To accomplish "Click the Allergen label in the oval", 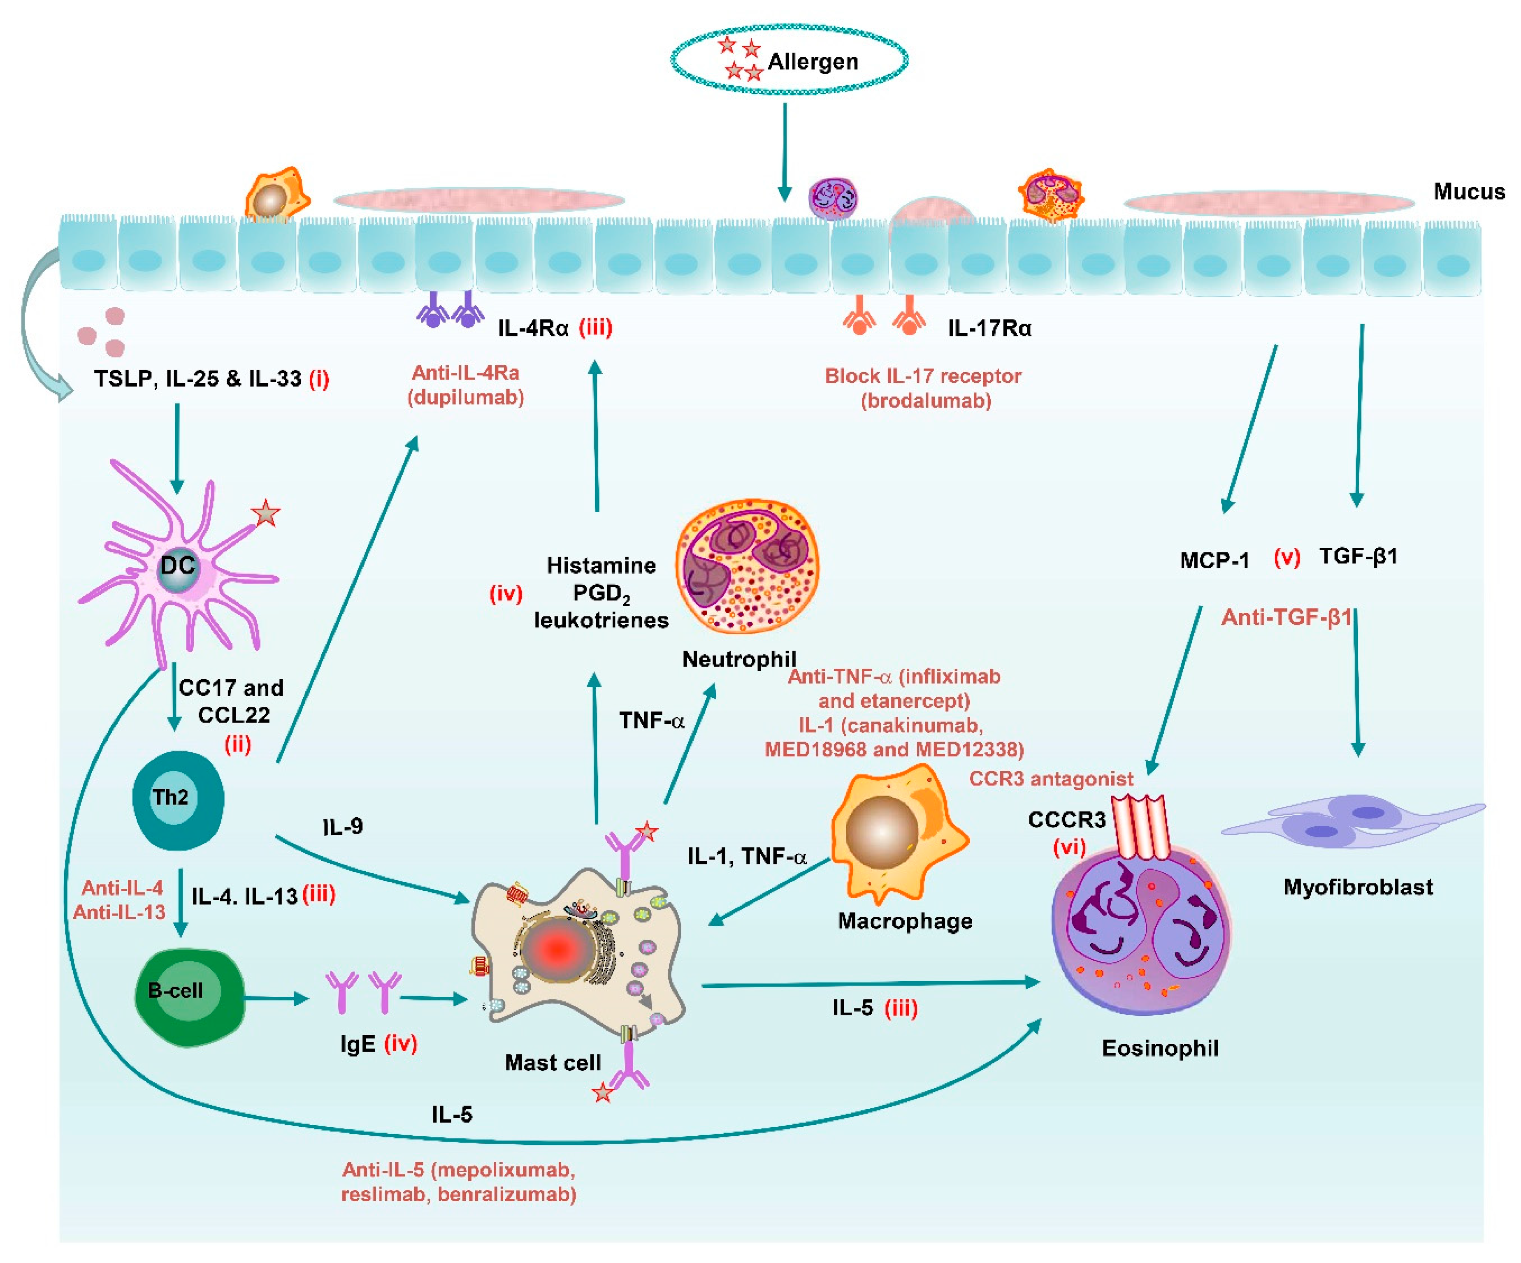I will click(813, 62).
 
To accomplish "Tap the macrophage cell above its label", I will click(894, 833).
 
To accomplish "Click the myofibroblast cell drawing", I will click(1347, 822).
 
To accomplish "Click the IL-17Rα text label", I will click(989, 329).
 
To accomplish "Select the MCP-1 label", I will click(1214, 561).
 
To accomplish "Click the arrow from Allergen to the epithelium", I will click(785, 152).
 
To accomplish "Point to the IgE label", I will click(358, 1044).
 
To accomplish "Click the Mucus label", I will click(1469, 192).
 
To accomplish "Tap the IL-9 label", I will click(343, 826).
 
